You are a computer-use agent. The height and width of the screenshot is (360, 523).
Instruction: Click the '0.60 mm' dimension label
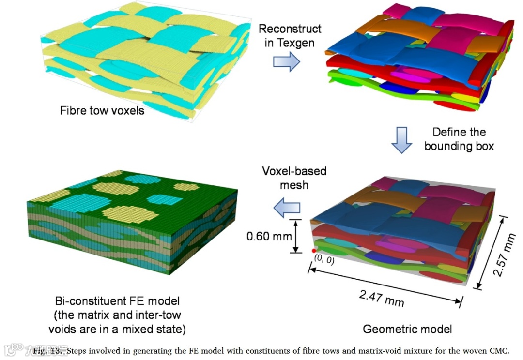coord(269,236)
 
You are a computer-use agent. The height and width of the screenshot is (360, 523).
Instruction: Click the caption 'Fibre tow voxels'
coord(102,110)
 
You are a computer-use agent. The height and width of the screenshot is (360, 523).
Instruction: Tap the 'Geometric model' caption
coord(407,329)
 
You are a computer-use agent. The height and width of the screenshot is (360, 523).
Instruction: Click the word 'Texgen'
coord(296,43)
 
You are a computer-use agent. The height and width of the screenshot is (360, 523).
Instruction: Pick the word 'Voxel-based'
coord(294,171)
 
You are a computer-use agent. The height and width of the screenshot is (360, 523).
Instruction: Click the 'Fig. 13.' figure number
coord(49,350)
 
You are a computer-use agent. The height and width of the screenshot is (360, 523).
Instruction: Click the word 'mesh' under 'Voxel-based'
coord(294,184)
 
